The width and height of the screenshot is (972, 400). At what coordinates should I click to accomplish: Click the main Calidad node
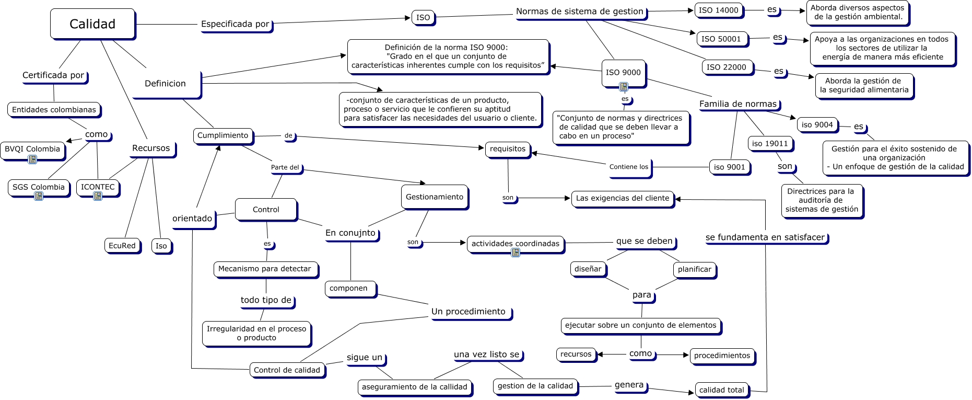92,24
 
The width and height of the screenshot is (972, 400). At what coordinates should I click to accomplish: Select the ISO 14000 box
719,10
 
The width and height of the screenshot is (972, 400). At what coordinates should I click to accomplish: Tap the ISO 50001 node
721,39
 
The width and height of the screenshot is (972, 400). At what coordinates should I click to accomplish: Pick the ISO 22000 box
727,67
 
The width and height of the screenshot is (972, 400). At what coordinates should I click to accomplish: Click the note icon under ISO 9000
624,87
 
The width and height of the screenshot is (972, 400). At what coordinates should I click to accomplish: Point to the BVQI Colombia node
32,149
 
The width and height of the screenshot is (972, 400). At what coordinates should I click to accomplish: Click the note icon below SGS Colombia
39,196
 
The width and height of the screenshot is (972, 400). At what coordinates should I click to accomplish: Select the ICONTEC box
98,187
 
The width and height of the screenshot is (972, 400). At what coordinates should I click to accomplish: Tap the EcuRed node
122,246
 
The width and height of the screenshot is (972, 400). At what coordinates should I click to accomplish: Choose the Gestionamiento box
435,197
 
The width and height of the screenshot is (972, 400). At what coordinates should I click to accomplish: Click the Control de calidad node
287,370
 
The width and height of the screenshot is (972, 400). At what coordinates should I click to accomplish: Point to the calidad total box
721,390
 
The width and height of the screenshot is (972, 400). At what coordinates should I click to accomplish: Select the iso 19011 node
770,144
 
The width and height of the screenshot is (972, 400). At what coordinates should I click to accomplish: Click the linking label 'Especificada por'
235,24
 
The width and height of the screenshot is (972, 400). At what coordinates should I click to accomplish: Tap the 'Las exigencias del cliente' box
622,198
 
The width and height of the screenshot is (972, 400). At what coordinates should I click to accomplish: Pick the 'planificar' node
694,269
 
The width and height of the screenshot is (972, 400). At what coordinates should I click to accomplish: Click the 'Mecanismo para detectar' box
265,269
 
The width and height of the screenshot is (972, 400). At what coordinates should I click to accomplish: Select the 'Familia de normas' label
738,104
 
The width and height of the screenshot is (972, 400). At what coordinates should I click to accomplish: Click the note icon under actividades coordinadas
516,253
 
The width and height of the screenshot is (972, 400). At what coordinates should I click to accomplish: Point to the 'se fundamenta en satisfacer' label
765,237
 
